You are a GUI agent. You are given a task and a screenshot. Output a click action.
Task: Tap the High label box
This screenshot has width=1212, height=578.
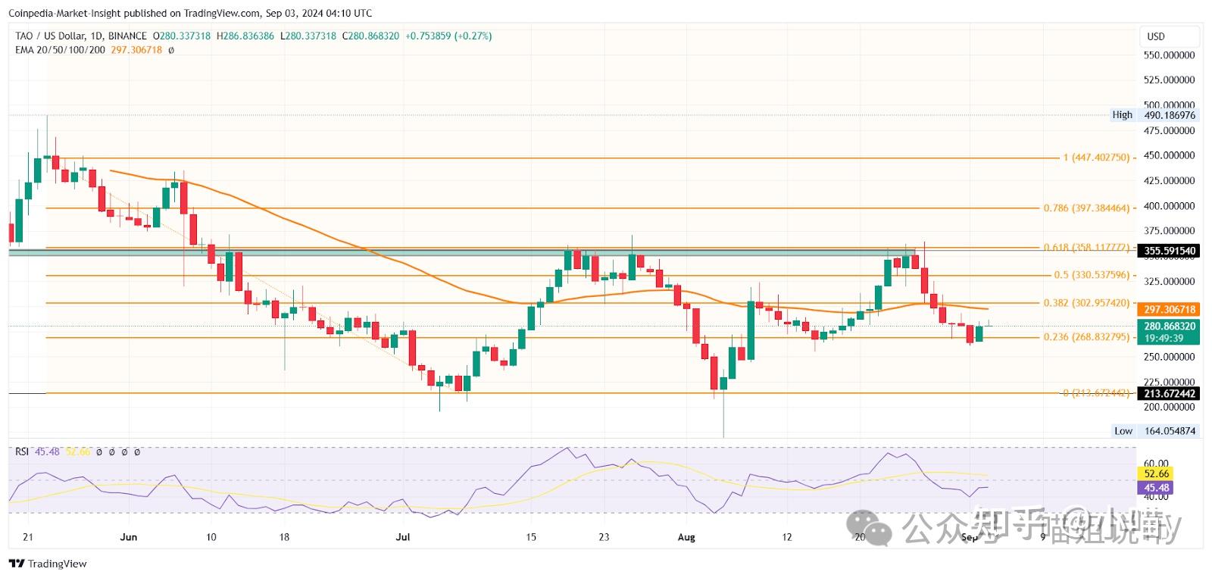click(1122, 115)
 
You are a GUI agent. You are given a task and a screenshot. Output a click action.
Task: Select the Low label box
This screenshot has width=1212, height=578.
click(1123, 431)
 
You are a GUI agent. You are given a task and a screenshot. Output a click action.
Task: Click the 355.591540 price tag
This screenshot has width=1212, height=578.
click(1170, 251)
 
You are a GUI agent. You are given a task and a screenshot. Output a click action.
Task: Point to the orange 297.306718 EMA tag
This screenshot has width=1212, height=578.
click(1170, 310)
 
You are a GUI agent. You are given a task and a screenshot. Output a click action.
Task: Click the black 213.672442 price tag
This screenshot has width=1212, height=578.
click(1170, 394)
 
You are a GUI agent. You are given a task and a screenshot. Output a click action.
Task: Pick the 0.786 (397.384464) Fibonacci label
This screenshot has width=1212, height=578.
click(1086, 208)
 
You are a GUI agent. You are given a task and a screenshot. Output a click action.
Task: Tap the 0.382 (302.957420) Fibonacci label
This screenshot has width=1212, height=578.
click(1086, 303)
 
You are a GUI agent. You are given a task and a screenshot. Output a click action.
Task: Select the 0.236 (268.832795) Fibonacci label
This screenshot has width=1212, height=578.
click(1086, 337)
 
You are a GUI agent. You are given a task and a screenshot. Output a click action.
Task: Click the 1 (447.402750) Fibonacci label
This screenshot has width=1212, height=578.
click(1096, 158)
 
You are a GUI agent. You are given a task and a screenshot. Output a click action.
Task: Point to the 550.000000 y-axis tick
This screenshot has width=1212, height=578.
click(1169, 55)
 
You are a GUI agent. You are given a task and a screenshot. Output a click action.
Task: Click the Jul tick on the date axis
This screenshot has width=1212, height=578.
click(402, 537)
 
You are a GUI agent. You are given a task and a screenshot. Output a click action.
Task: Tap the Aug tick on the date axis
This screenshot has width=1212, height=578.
click(686, 537)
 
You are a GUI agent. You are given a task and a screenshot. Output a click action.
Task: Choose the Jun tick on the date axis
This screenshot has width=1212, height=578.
click(129, 537)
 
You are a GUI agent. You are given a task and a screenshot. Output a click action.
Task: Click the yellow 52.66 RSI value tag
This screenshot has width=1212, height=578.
click(1157, 474)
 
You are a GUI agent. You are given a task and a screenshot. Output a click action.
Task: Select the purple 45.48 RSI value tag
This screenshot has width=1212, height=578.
click(1157, 488)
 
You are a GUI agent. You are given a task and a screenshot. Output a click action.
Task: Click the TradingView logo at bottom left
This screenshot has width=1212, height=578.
click(48, 564)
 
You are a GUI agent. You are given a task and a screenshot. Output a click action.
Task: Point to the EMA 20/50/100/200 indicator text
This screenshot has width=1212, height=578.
click(60, 50)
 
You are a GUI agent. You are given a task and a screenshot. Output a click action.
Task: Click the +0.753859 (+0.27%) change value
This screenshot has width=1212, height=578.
click(448, 36)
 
